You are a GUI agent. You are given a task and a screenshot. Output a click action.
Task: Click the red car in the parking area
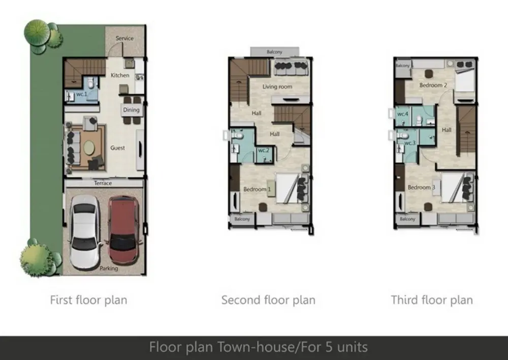click(124, 231)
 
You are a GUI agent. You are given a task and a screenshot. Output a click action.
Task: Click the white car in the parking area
click(85, 232)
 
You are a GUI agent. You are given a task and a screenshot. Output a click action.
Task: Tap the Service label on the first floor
click(125, 38)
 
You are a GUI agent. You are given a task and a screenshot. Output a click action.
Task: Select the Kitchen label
click(120, 75)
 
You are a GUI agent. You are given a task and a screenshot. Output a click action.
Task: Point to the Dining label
click(131, 110)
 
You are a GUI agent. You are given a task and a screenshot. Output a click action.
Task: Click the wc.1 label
click(82, 94)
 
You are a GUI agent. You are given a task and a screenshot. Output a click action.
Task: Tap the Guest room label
click(117, 148)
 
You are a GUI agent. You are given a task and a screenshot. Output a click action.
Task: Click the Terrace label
click(103, 183)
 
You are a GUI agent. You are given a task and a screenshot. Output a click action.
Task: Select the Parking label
click(109, 268)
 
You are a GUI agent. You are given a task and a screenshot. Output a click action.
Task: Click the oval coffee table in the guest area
click(89, 148)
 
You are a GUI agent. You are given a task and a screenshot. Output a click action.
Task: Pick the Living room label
click(277, 86)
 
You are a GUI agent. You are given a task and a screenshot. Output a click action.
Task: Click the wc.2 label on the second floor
click(264, 150)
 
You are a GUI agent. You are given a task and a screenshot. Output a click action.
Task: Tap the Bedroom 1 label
click(257, 189)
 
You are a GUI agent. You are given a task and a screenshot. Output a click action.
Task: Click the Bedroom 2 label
click(433, 85)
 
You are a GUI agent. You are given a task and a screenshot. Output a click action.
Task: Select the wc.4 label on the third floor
click(403, 114)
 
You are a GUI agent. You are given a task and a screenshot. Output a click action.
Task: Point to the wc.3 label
click(410, 143)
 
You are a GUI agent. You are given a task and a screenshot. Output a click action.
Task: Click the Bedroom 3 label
click(422, 187)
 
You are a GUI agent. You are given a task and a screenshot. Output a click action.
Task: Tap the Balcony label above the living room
click(274, 52)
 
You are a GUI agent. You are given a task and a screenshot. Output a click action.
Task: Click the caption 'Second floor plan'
click(268, 300)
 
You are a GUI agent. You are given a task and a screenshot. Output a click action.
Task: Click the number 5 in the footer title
click(329, 347)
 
